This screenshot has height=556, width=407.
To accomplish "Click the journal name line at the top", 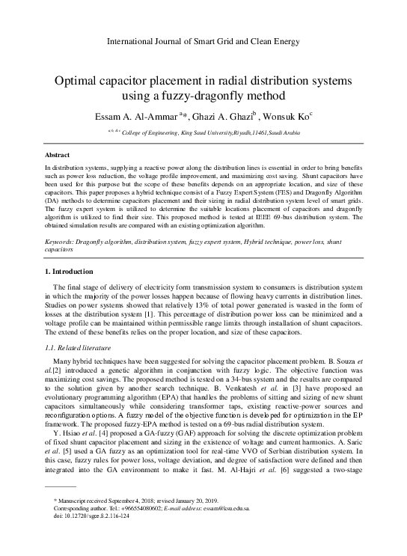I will click(x=203, y=41).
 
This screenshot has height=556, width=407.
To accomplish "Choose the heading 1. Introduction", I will click(x=70, y=271).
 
